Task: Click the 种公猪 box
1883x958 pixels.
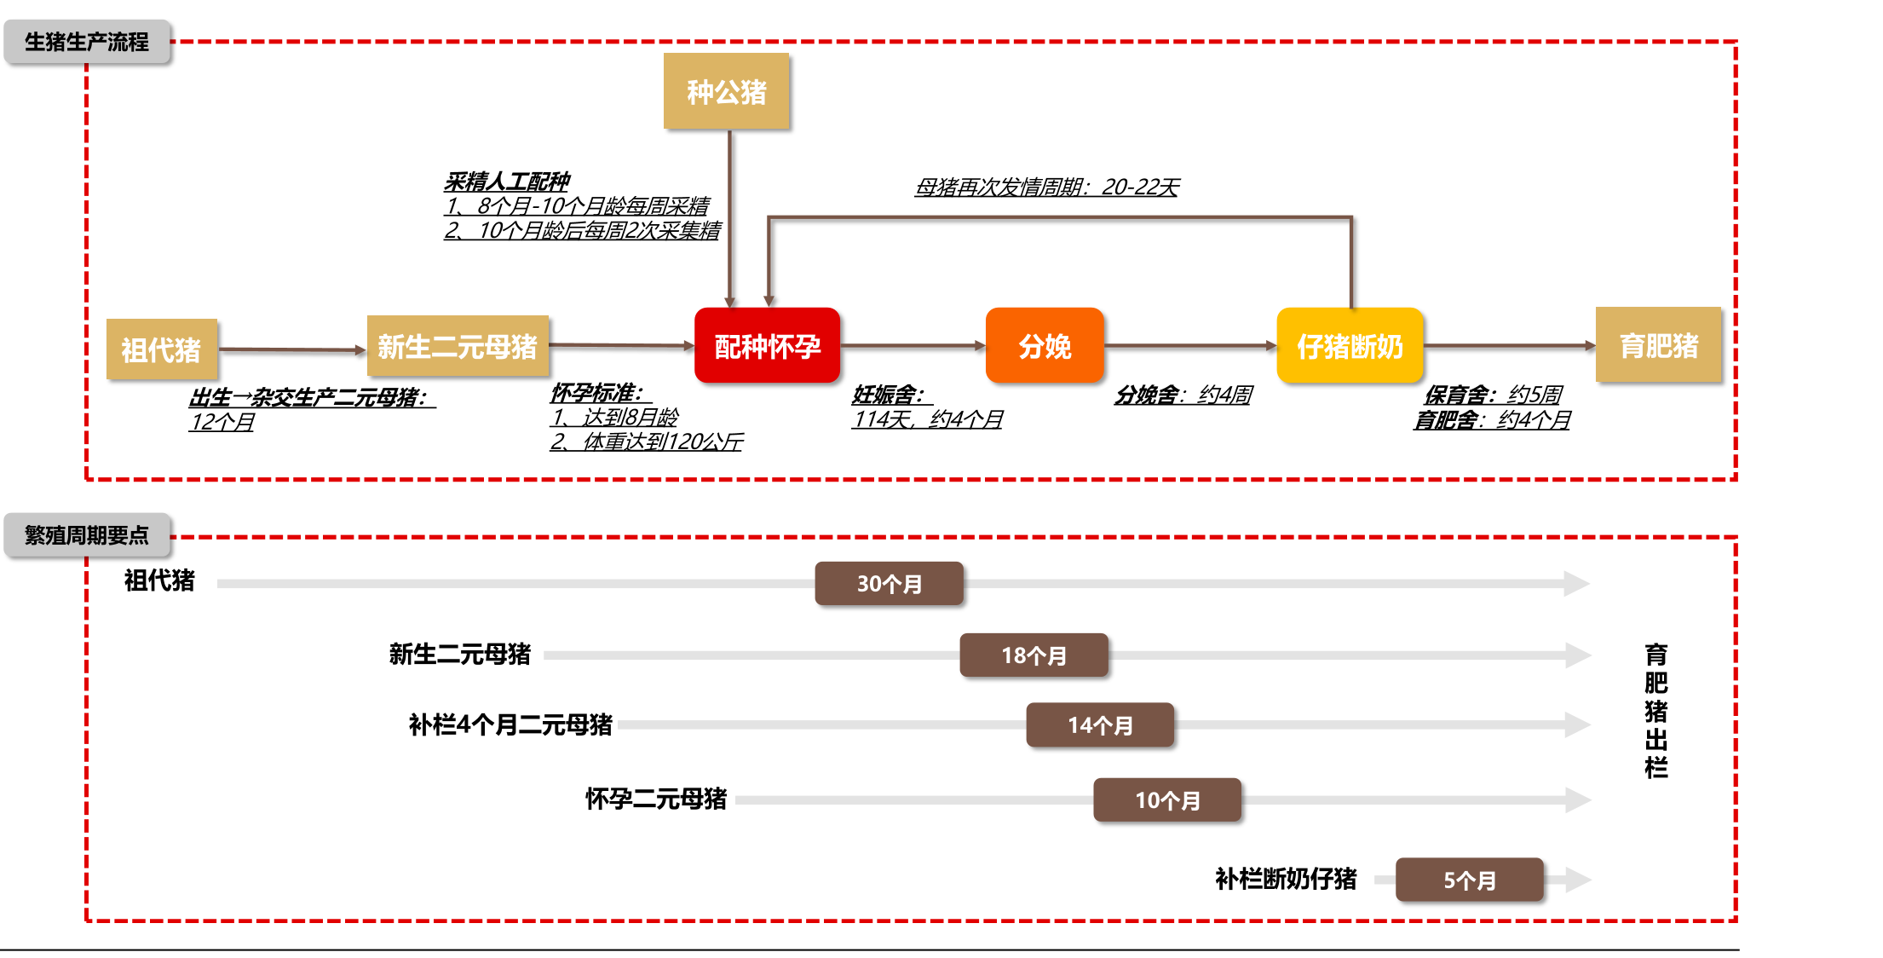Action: tap(726, 91)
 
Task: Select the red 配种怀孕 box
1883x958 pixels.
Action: tap(767, 346)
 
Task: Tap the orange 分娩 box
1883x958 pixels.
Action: tap(1045, 346)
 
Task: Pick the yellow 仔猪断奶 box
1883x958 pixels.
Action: tap(1350, 346)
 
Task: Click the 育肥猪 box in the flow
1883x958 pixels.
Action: tap(1658, 345)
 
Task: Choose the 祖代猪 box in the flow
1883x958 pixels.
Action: tap(162, 349)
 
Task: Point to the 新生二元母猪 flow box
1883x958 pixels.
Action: tap(458, 346)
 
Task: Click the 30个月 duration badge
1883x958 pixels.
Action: tap(889, 584)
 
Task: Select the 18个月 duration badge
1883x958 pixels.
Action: tap(1034, 655)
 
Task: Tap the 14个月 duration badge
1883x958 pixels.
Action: tap(1100, 725)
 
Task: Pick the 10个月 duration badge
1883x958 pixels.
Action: tap(1167, 800)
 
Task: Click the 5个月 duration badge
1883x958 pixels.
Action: tap(1469, 880)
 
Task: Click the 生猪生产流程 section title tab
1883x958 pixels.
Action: tap(87, 42)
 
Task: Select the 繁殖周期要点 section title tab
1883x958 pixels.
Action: tap(87, 535)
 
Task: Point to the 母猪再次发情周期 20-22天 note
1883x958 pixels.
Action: tap(1046, 187)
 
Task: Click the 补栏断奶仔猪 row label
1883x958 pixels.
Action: tap(1285, 879)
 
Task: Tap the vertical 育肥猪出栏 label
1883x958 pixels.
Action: tap(1656, 711)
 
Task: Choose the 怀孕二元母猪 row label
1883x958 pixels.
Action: tap(655, 799)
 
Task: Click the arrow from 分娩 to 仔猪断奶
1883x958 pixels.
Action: tap(1189, 345)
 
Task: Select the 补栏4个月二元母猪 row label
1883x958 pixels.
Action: tap(510, 724)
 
